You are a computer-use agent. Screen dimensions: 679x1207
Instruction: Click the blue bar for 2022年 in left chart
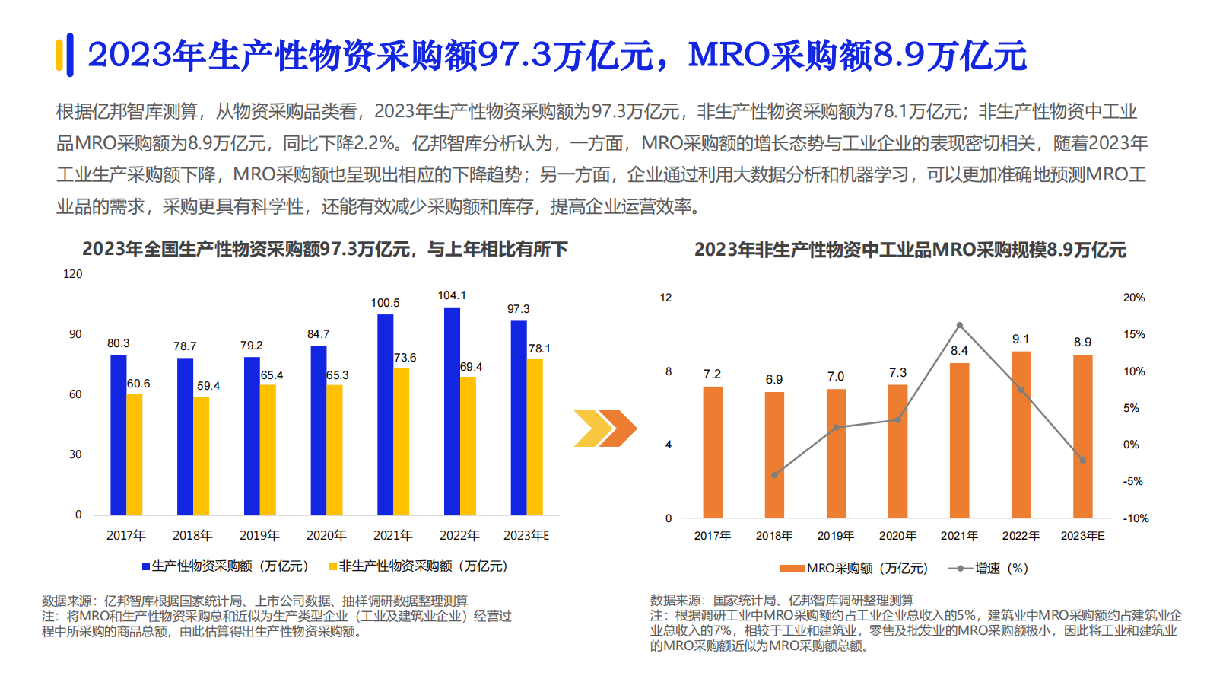pos(452,411)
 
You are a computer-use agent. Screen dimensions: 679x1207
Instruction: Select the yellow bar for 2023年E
pos(535,437)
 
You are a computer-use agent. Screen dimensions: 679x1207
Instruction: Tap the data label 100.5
pos(385,303)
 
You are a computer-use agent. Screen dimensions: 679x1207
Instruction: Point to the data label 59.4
pos(208,386)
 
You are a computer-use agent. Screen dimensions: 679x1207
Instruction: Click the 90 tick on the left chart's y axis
pos(75,334)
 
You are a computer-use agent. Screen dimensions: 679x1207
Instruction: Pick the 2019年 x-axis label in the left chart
pos(259,536)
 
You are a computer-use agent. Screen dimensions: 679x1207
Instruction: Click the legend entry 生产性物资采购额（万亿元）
pos(225,566)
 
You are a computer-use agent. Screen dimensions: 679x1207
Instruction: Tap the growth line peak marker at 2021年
pos(960,325)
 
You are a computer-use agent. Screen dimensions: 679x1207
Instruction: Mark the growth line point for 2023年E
pos(1083,461)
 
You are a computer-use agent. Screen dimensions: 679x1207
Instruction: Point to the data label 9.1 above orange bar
pos(1021,339)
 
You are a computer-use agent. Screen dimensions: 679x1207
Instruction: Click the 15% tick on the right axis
pos(1133,334)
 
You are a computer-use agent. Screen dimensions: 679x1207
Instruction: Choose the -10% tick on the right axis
pos(1136,518)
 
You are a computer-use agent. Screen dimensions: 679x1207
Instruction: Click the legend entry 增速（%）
pos(988,569)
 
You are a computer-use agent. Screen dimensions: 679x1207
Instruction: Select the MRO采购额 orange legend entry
pos(854,569)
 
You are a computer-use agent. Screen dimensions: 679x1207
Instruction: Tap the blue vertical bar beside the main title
pos(70,55)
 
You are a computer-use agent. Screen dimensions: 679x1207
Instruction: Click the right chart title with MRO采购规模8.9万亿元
pos(910,250)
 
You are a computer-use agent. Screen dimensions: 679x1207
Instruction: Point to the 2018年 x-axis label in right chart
pos(773,536)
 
